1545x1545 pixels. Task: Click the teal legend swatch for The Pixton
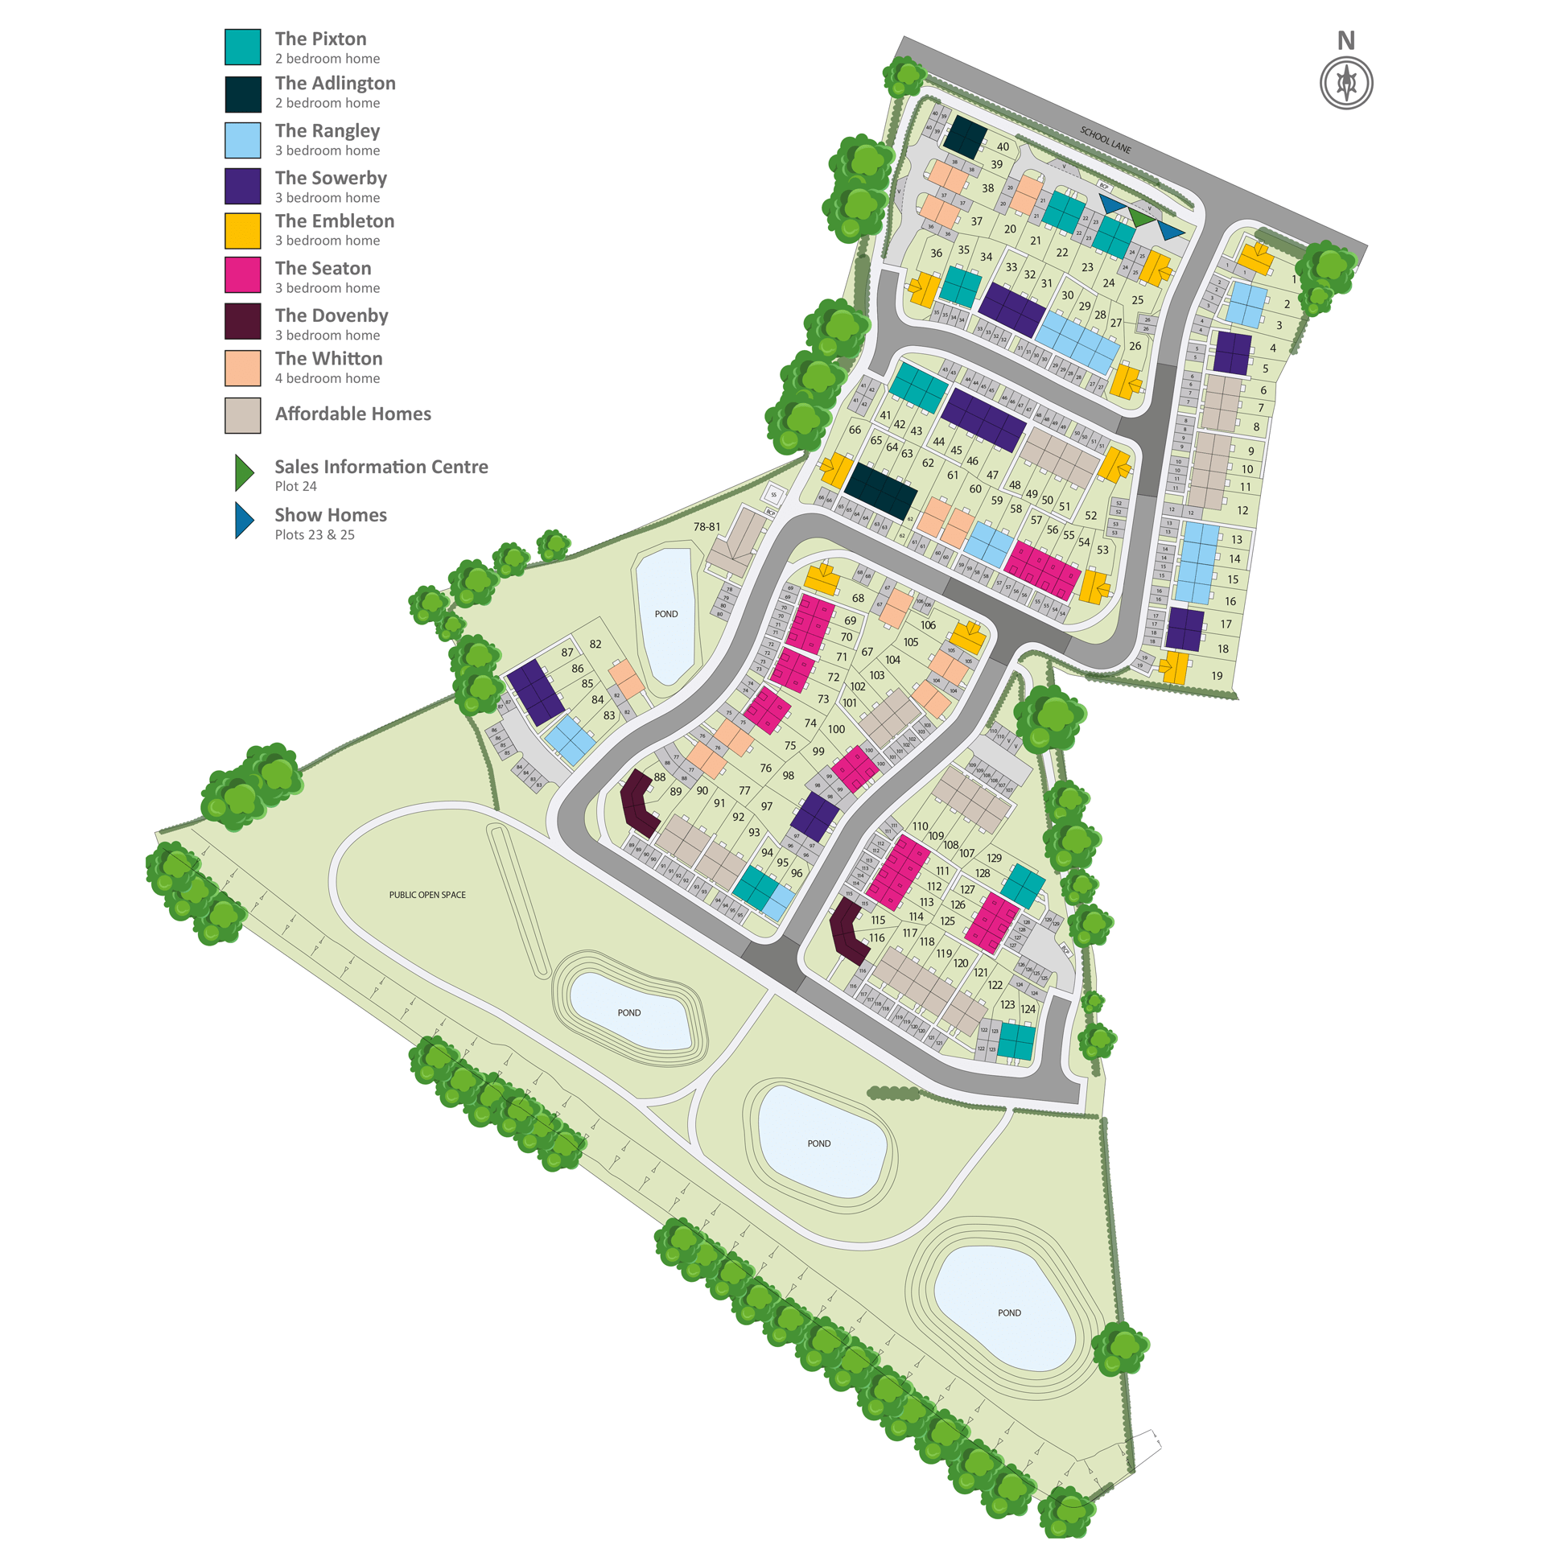click(242, 47)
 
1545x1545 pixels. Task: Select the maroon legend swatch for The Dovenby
click(242, 321)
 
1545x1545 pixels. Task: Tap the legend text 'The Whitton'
click(328, 358)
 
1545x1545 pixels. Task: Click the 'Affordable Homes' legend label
click(352, 414)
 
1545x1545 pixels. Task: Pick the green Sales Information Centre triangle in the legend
click(243, 472)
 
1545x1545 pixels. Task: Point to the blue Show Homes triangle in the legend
click(243, 521)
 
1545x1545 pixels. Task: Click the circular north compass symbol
click(1345, 83)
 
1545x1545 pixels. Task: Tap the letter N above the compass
click(1345, 40)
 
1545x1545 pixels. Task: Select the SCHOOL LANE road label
click(1106, 140)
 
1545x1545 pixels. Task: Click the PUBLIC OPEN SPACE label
click(427, 895)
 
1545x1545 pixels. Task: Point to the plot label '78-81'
click(707, 527)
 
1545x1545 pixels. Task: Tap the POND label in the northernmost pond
click(665, 614)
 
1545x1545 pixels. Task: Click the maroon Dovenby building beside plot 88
click(639, 803)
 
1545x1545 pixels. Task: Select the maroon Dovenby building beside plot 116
click(849, 931)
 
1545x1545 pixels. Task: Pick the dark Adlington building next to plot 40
click(964, 137)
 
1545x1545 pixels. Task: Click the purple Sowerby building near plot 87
click(535, 692)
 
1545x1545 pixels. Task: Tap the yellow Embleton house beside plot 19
click(1175, 667)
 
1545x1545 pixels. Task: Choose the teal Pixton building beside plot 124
click(1016, 1041)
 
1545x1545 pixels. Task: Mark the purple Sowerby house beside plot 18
click(1184, 628)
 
